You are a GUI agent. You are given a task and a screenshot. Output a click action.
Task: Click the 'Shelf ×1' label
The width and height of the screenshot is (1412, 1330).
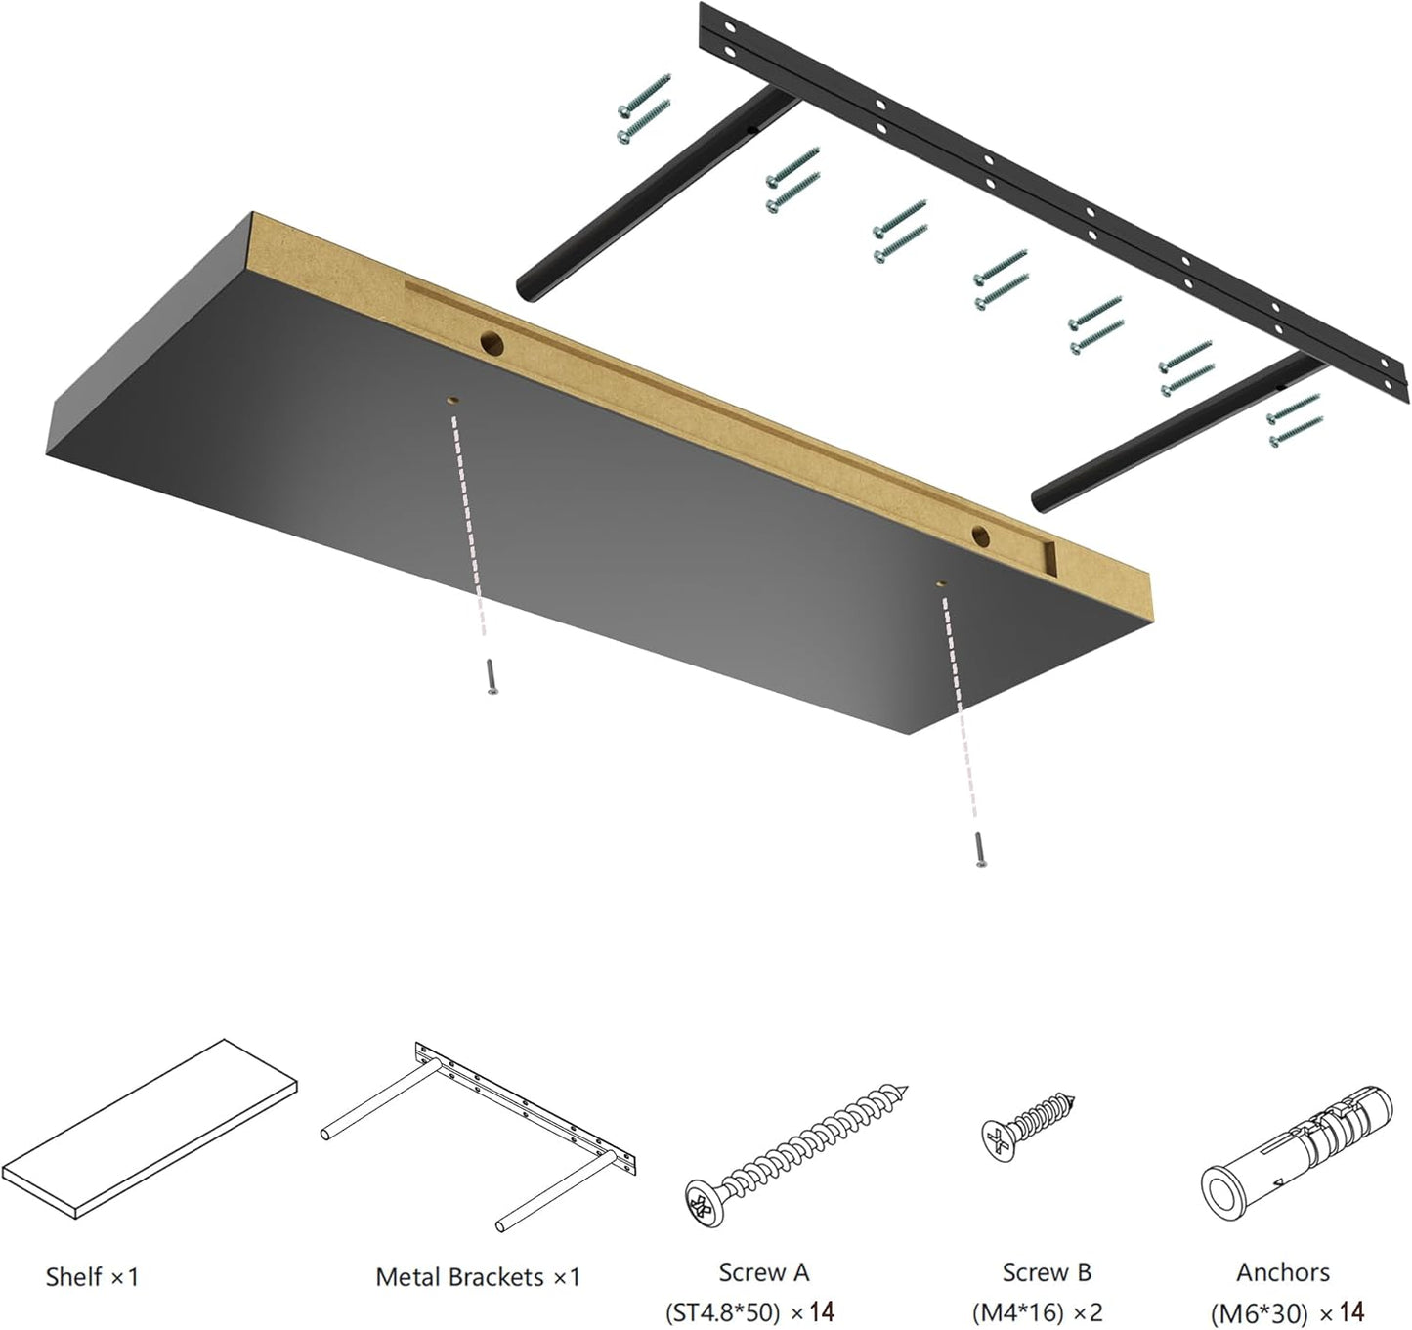[92, 1276]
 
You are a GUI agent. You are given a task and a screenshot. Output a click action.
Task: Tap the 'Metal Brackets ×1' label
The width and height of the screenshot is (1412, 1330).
[478, 1276]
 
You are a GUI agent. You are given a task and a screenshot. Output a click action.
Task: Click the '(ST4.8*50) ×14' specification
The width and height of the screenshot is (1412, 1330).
[749, 1311]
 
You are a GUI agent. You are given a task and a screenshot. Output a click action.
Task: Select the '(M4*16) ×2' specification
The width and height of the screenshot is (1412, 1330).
[1037, 1311]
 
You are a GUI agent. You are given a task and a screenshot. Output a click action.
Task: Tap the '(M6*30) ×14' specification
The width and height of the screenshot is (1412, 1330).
[1287, 1311]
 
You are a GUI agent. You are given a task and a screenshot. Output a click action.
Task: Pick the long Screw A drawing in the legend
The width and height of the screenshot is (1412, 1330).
[796, 1153]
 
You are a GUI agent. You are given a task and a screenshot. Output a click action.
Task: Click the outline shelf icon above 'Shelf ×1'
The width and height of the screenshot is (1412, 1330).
[150, 1126]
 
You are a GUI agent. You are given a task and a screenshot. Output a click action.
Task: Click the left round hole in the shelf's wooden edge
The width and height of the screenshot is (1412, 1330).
[491, 342]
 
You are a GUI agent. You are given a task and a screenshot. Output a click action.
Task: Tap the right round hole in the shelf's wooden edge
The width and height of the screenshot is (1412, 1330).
[982, 535]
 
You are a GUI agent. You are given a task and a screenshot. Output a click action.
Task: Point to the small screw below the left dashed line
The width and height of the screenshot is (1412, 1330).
[492, 676]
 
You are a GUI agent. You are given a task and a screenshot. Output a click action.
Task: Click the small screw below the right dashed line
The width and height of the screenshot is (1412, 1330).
[979, 848]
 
